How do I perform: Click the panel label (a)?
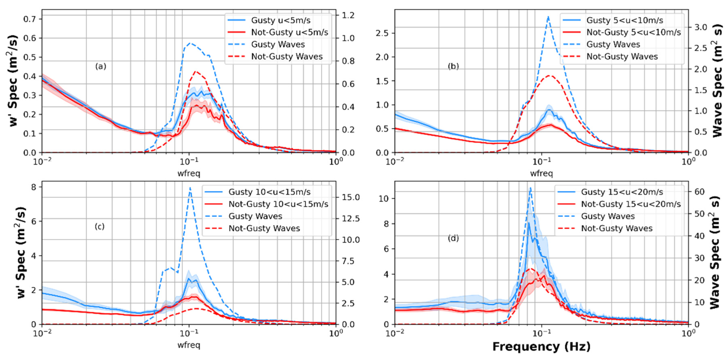[101, 66]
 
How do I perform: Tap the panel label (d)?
[453, 238]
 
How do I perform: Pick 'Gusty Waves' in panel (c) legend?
[255, 216]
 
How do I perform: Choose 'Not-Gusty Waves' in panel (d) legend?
[617, 229]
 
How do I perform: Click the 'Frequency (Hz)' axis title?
[541, 346]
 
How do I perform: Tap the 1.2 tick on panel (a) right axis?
[348, 15]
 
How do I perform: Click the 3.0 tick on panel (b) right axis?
[701, 27]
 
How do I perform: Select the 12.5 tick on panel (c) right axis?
[351, 219]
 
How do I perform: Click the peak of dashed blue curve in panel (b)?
[548, 16]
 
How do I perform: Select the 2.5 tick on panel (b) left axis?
[383, 33]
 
